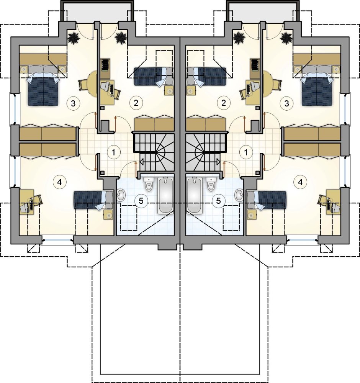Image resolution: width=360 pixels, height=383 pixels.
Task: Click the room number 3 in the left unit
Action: click(73, 103)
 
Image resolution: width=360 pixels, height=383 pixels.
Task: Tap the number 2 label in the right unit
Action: click(224, 103)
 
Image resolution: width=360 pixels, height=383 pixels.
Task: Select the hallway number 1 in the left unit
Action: click(113, 152)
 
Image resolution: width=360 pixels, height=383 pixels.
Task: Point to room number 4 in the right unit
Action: click(300, 182)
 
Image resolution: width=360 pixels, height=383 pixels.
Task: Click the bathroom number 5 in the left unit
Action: click(141, 201)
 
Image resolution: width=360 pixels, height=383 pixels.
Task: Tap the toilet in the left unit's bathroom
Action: click(149, 184)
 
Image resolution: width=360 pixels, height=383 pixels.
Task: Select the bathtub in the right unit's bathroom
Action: click(195, 195)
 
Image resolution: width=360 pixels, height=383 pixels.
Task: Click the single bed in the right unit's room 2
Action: click(206, 77)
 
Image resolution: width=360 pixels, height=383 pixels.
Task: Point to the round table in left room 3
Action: click(92, 84)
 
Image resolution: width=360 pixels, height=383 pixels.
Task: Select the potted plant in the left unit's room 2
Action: click(121, 38)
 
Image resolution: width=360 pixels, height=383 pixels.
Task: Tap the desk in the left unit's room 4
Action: click(27, 202)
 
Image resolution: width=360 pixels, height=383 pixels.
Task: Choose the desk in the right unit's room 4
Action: click(333, 202)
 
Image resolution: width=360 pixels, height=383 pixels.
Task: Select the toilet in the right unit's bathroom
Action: click(211, 184)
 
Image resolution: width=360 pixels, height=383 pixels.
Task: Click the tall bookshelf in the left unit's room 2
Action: click(105, 65)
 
